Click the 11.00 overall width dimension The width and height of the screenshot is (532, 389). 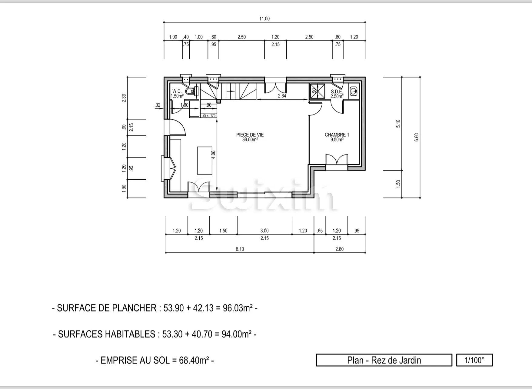click(264, 19)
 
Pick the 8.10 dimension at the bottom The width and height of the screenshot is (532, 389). click(240, 249)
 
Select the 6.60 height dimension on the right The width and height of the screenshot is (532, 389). click(417, 137)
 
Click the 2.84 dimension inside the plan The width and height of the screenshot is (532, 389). click(282, 96)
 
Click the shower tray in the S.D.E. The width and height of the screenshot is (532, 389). click(317, 91)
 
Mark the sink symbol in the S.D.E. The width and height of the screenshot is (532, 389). click(353, 90)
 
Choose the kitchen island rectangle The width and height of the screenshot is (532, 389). click(204, 160)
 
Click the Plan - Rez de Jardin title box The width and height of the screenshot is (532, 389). click(384, 360)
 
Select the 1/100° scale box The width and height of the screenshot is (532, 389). click(474, 360)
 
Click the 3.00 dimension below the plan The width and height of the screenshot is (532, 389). click(264, 231)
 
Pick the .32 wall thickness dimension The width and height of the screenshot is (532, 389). click(158, 105)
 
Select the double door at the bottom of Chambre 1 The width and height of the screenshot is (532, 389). click(337, 160)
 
